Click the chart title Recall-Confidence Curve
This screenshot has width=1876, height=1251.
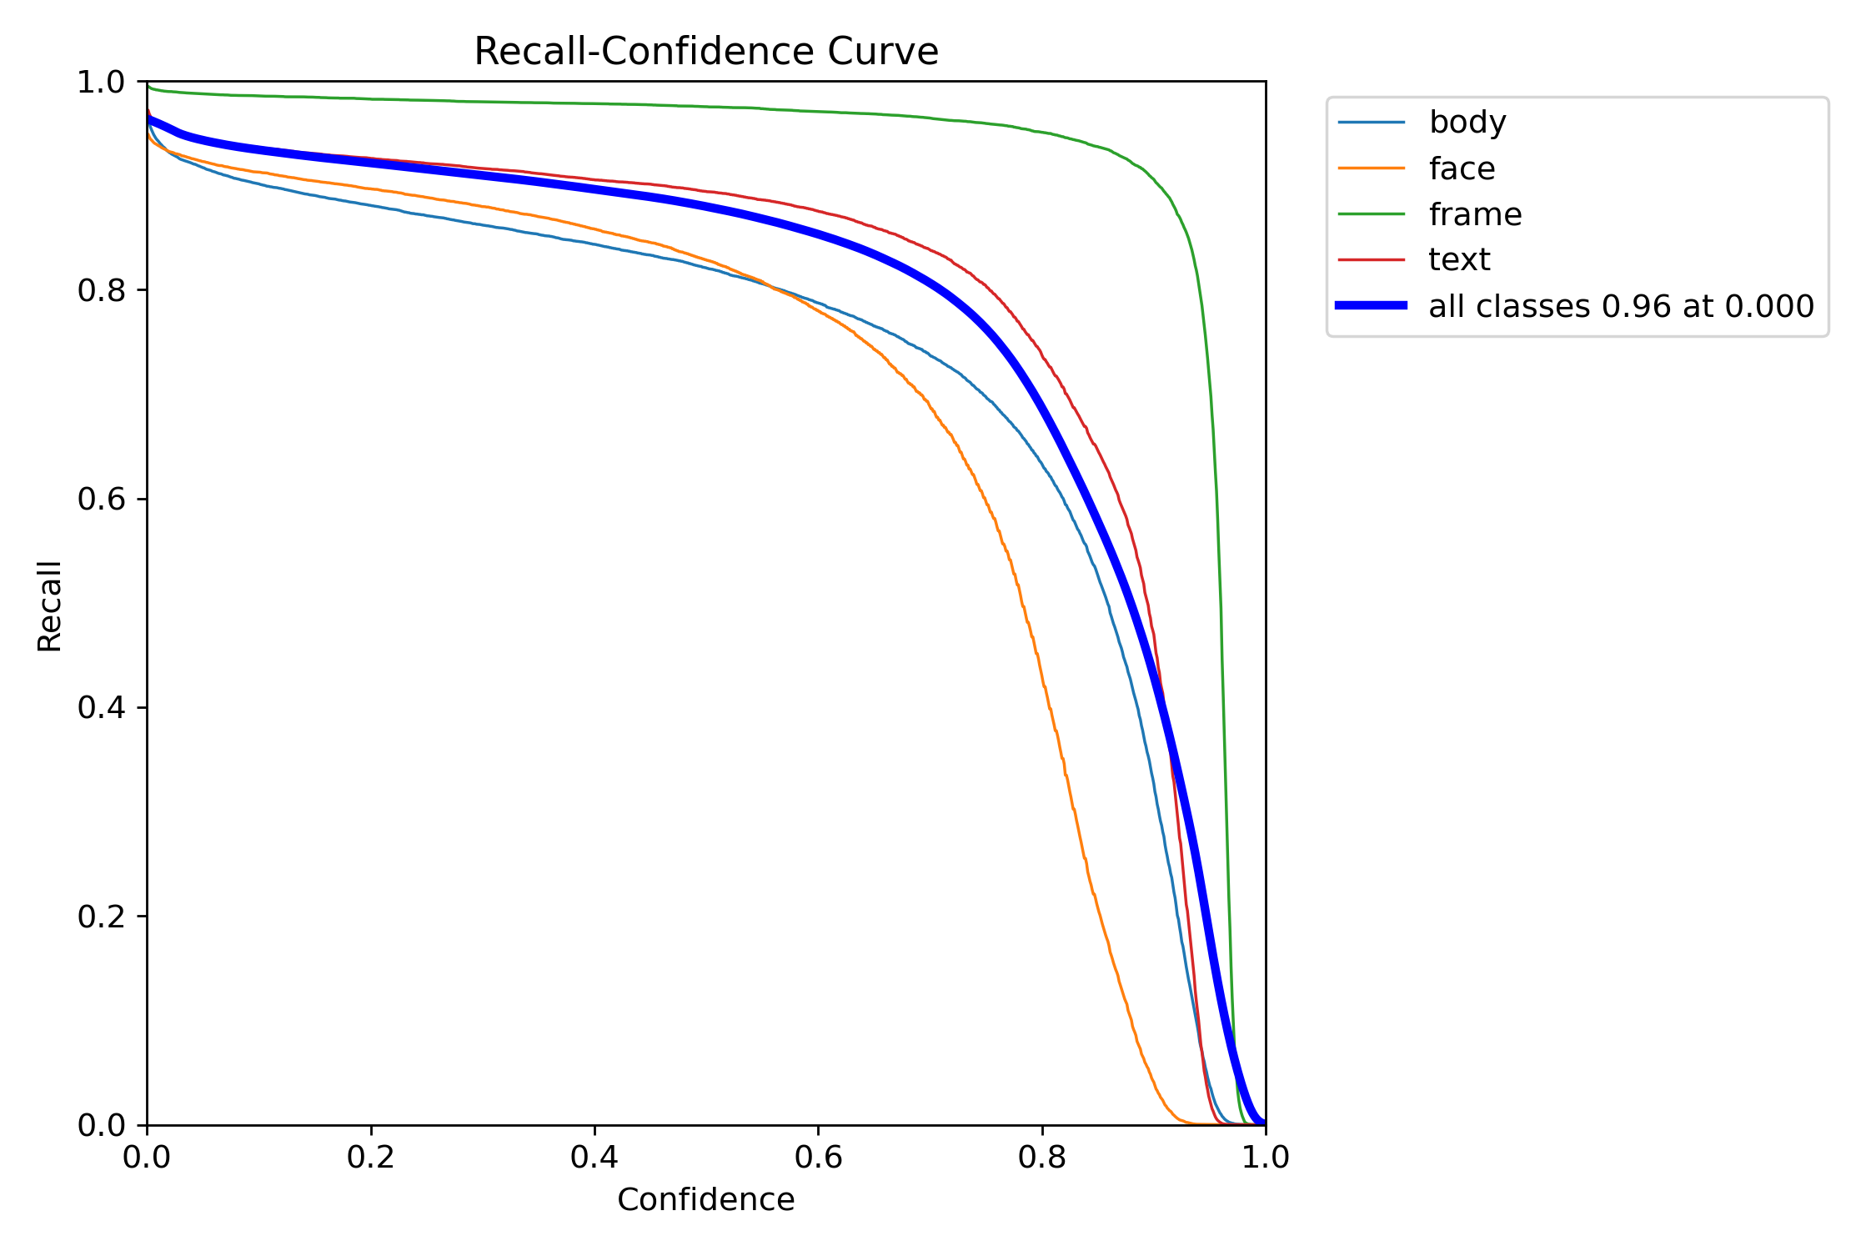click(705, 52)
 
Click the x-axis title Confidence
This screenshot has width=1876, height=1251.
click(705, 1199)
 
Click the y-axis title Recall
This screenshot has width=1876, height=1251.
click(49, 605)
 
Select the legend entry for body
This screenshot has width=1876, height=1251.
click(1467, 123)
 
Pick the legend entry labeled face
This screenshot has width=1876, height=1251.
click(1461, 168)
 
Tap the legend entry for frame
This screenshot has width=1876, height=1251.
click(1474, 214)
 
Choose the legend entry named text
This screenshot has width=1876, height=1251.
click(1458, 260)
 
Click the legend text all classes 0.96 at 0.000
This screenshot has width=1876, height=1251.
click(1621, 306)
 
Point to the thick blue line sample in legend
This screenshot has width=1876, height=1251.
click(1372, 306)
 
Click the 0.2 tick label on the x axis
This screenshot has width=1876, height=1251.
click(370, 1157)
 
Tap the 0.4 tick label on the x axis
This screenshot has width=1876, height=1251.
click(594, 1157)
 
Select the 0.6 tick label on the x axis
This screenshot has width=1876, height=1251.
click(818, 1157)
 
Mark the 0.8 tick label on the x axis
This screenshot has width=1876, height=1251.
click(1041, 1157)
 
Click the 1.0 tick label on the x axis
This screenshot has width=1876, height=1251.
click(1265, 1157)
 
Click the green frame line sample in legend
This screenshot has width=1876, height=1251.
click(1372, 214)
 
